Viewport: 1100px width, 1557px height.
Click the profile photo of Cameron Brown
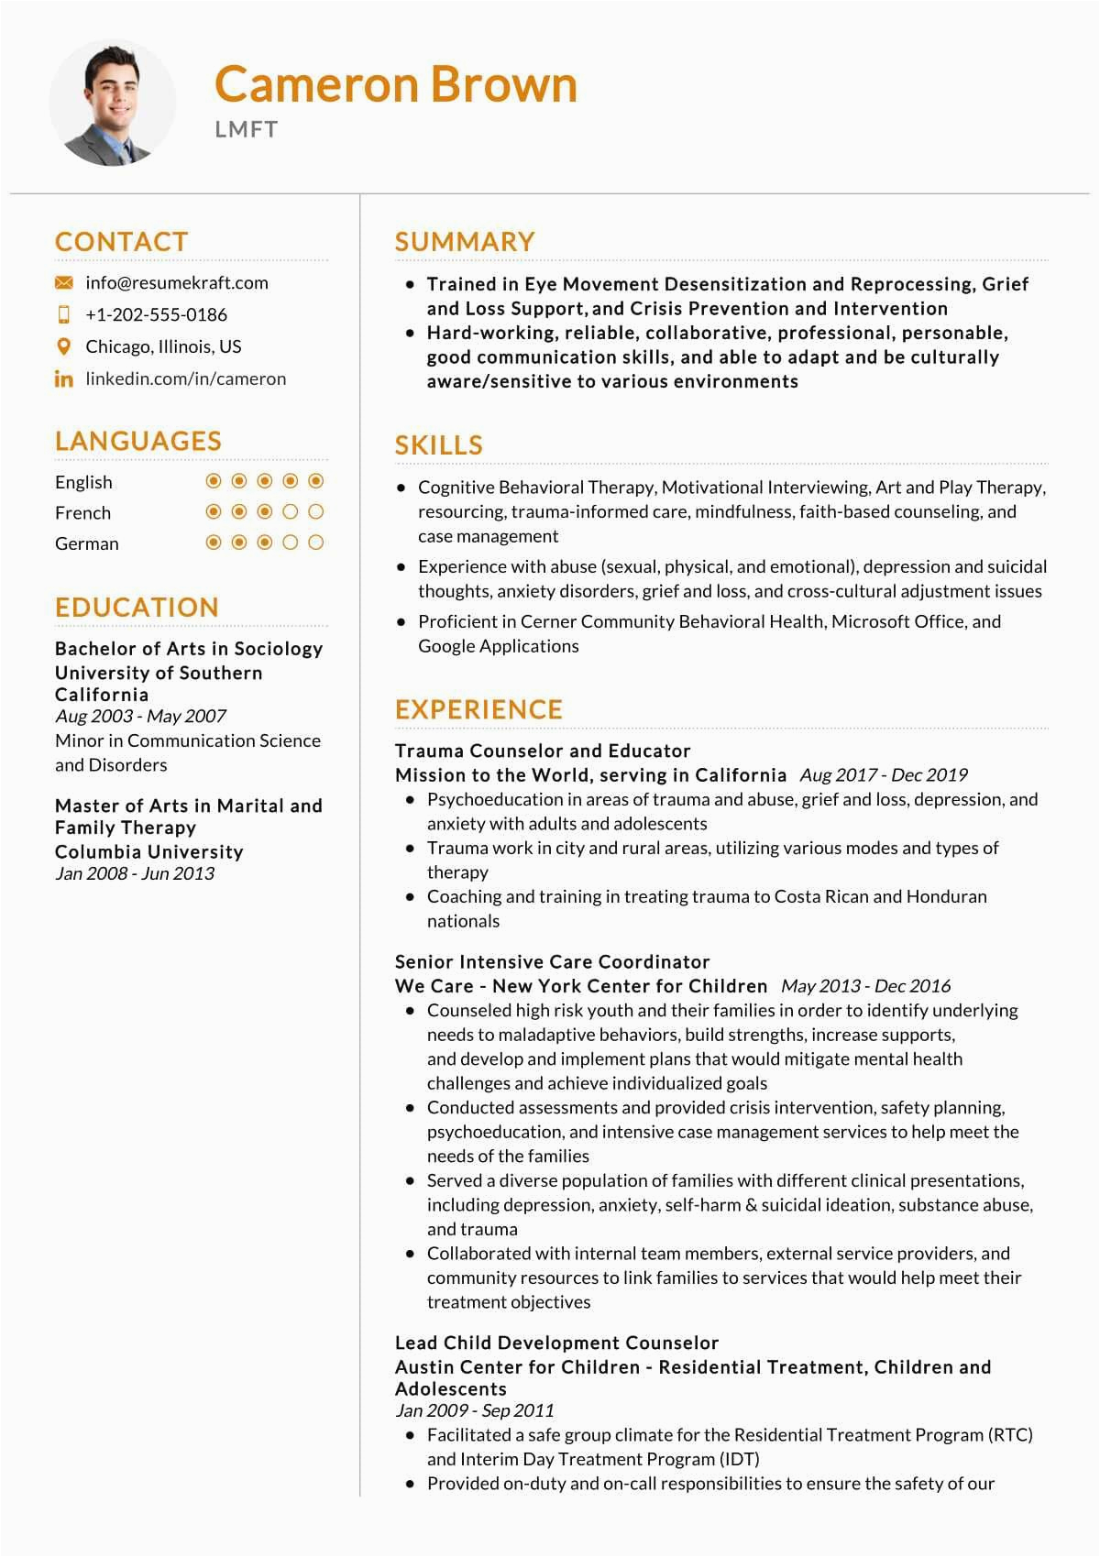[x=113, y=103]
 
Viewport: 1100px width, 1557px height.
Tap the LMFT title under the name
[x=246, y=129]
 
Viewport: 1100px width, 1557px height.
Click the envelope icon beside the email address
[x=63, y=282]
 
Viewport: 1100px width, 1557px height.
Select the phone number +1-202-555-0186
[x=156, y=314]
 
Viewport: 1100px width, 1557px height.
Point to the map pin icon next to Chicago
[x=63, y=346]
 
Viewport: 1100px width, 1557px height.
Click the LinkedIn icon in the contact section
[x=63, y=378]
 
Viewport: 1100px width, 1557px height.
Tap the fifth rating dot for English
[x=316, y=481]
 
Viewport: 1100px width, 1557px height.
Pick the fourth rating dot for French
[x=291, y=511]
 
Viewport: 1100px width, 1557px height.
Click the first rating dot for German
[x=214, y=543]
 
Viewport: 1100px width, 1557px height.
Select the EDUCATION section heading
[x=137, y=607]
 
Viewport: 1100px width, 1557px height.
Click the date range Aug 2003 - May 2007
[x=140, y=716]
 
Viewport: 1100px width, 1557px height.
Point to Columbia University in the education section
[x=149, y=851]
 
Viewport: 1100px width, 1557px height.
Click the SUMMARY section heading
[x=465, y=242]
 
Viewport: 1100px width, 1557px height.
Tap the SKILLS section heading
[x=438, y=445]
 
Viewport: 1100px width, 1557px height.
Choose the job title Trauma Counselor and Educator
[x=543, y=751]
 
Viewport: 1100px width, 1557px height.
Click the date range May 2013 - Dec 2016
[x=865, y=986]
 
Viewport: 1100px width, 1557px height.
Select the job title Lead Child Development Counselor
[x=556, y=1343]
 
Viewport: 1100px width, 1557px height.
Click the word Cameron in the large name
[x=316, y=84]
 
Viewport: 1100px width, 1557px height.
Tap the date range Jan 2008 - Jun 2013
[x=135, y=873]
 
